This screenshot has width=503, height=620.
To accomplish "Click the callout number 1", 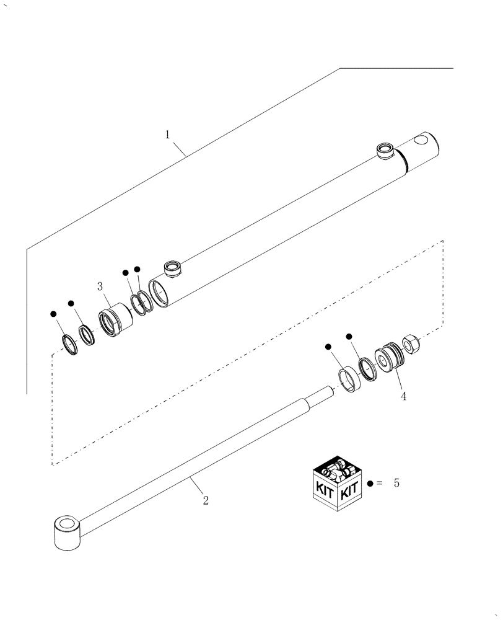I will pyautogui.click(x=167, y=134).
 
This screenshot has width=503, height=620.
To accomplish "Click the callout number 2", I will pyautogui.click(x=206, y=500).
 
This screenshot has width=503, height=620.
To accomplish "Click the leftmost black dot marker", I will pyautogui.click(x=53, y=314).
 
